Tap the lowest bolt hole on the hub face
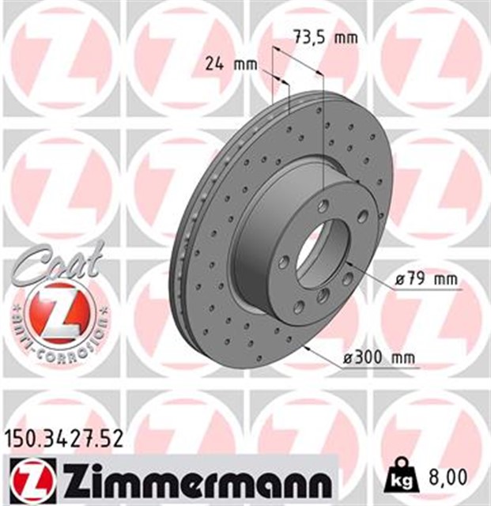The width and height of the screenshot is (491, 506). (299, 308)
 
